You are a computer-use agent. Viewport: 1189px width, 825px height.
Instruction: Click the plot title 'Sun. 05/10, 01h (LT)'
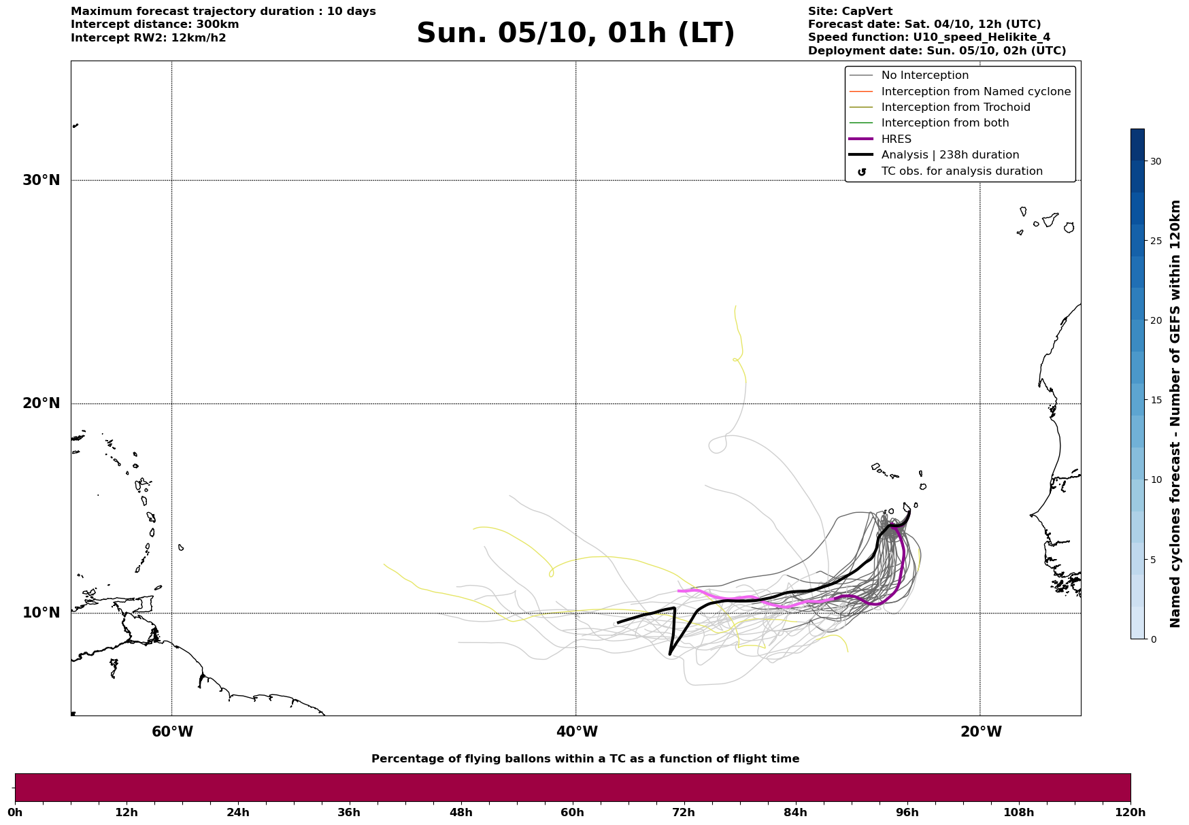575,33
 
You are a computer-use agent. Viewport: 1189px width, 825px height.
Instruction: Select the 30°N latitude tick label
41,180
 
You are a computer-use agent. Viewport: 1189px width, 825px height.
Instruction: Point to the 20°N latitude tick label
41,403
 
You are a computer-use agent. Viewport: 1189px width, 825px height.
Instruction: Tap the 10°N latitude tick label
41,613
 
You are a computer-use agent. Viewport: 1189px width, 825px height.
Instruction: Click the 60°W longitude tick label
172,732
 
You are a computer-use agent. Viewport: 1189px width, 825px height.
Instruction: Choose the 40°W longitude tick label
577,732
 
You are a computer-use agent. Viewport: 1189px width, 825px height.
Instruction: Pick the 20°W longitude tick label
981,732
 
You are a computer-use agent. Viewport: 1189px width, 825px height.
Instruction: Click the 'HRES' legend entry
896,139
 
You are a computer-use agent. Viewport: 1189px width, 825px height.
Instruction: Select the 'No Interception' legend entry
924,75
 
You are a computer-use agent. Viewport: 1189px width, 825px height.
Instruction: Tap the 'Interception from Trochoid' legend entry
955,107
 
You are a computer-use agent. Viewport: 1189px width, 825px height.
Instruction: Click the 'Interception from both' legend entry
945,123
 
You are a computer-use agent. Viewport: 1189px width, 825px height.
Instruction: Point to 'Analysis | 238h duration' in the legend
950,155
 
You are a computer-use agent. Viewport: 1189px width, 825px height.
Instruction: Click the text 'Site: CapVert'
850,12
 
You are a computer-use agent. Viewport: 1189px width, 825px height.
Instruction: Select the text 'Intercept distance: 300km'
155,24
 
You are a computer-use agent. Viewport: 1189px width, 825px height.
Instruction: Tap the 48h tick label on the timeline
460,813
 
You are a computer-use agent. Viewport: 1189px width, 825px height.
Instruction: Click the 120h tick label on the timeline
1130,813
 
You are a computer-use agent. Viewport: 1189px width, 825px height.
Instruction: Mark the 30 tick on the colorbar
1156,161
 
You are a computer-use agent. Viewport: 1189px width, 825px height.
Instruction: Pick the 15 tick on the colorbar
1156,400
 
